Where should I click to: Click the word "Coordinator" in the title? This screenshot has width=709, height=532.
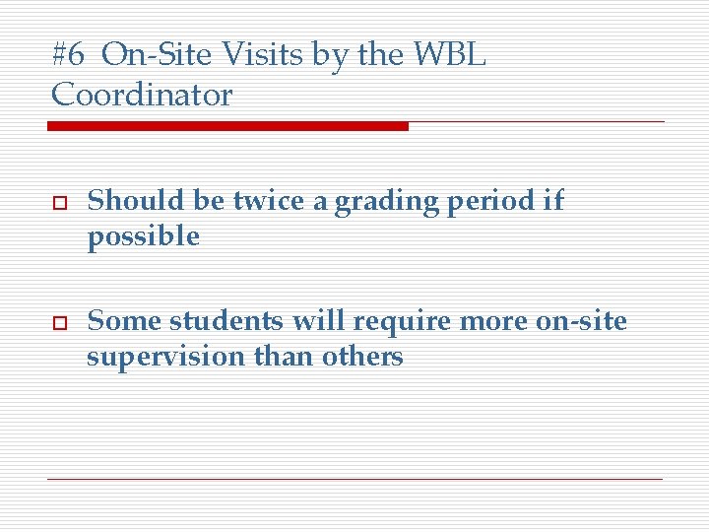coord(142,96)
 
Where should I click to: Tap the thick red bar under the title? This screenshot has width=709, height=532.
coord(227,126)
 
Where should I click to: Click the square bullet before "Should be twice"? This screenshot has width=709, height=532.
coord(57,202)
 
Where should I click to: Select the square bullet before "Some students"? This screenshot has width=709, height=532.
coord(57,322)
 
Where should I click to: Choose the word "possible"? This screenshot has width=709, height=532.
coord(143,237)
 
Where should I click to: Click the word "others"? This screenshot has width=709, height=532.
coord(362,356)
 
